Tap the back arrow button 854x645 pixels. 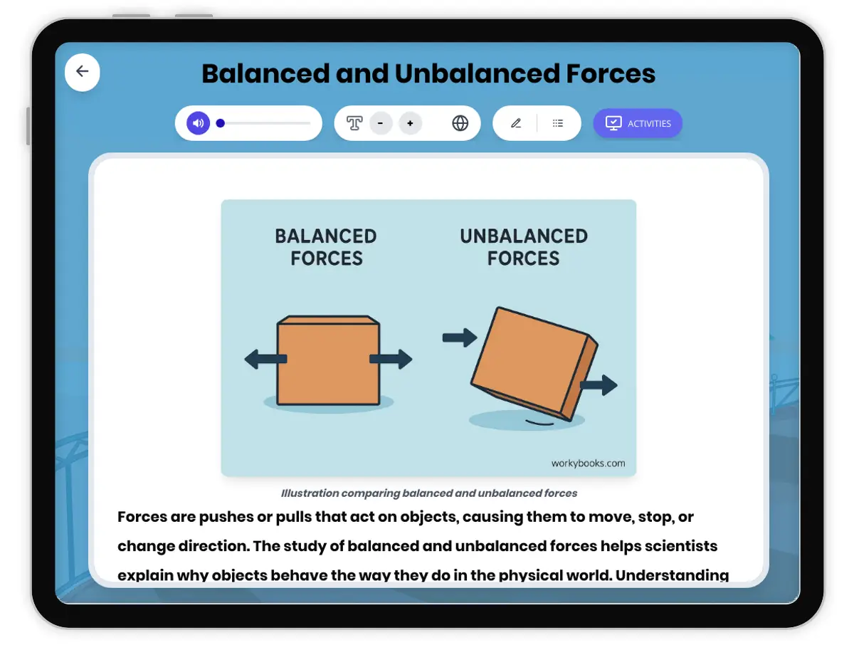tap(83, 71)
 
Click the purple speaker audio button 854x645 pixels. tap(199, 123)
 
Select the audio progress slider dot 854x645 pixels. tap(221, 123)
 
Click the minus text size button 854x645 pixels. tap(381, 123)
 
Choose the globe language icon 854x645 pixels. tap(460, 123)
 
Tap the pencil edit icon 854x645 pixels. tap(516, 123)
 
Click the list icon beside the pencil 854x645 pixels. tap(558, 123)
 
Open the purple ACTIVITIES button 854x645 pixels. tap(638, 123)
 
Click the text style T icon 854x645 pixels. tap(354, 123)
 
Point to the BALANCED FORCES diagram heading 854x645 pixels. tap(326, 246)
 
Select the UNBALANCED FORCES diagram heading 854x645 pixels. tap(524, 246)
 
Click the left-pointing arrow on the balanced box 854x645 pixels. tap(264, 359)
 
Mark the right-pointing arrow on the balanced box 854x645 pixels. tap(391, 359)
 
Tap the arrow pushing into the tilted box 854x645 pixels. tap(459, 337)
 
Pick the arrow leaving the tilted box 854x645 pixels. tap(599, 385)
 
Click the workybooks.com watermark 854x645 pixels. tap(588, 463)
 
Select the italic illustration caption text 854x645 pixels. tap(428, 493)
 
